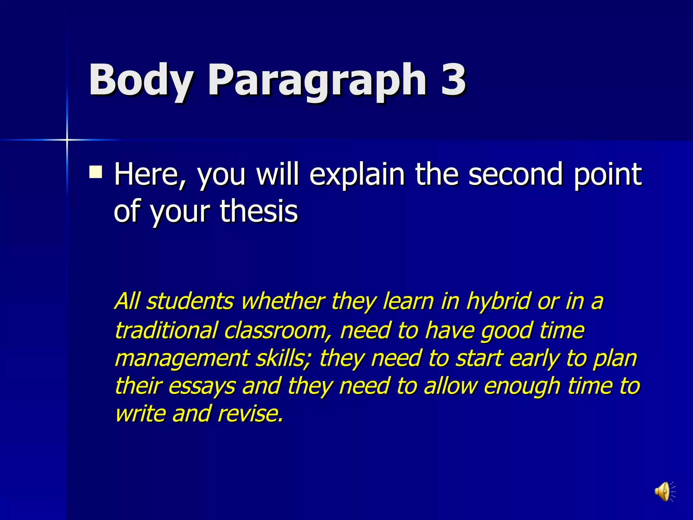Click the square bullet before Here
tap(95, 172)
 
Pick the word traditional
tap(166, 330)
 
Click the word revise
tap(250, 414)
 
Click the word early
tap(534, 359)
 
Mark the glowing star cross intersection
tap(67, 139)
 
